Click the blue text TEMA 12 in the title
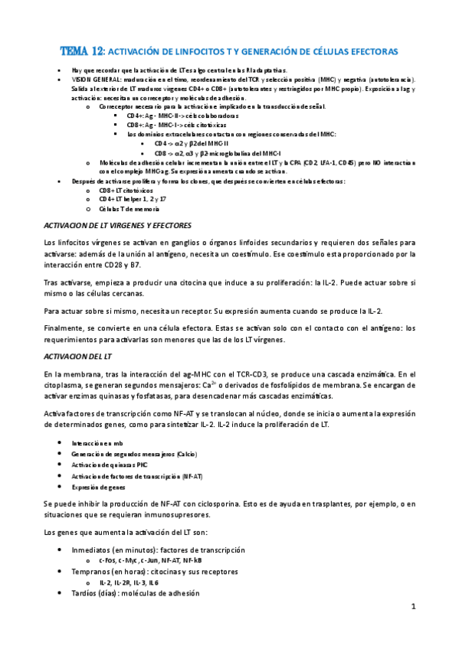(82, 51)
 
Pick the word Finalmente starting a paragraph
(66, 328)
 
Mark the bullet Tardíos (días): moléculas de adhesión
(135, 593)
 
